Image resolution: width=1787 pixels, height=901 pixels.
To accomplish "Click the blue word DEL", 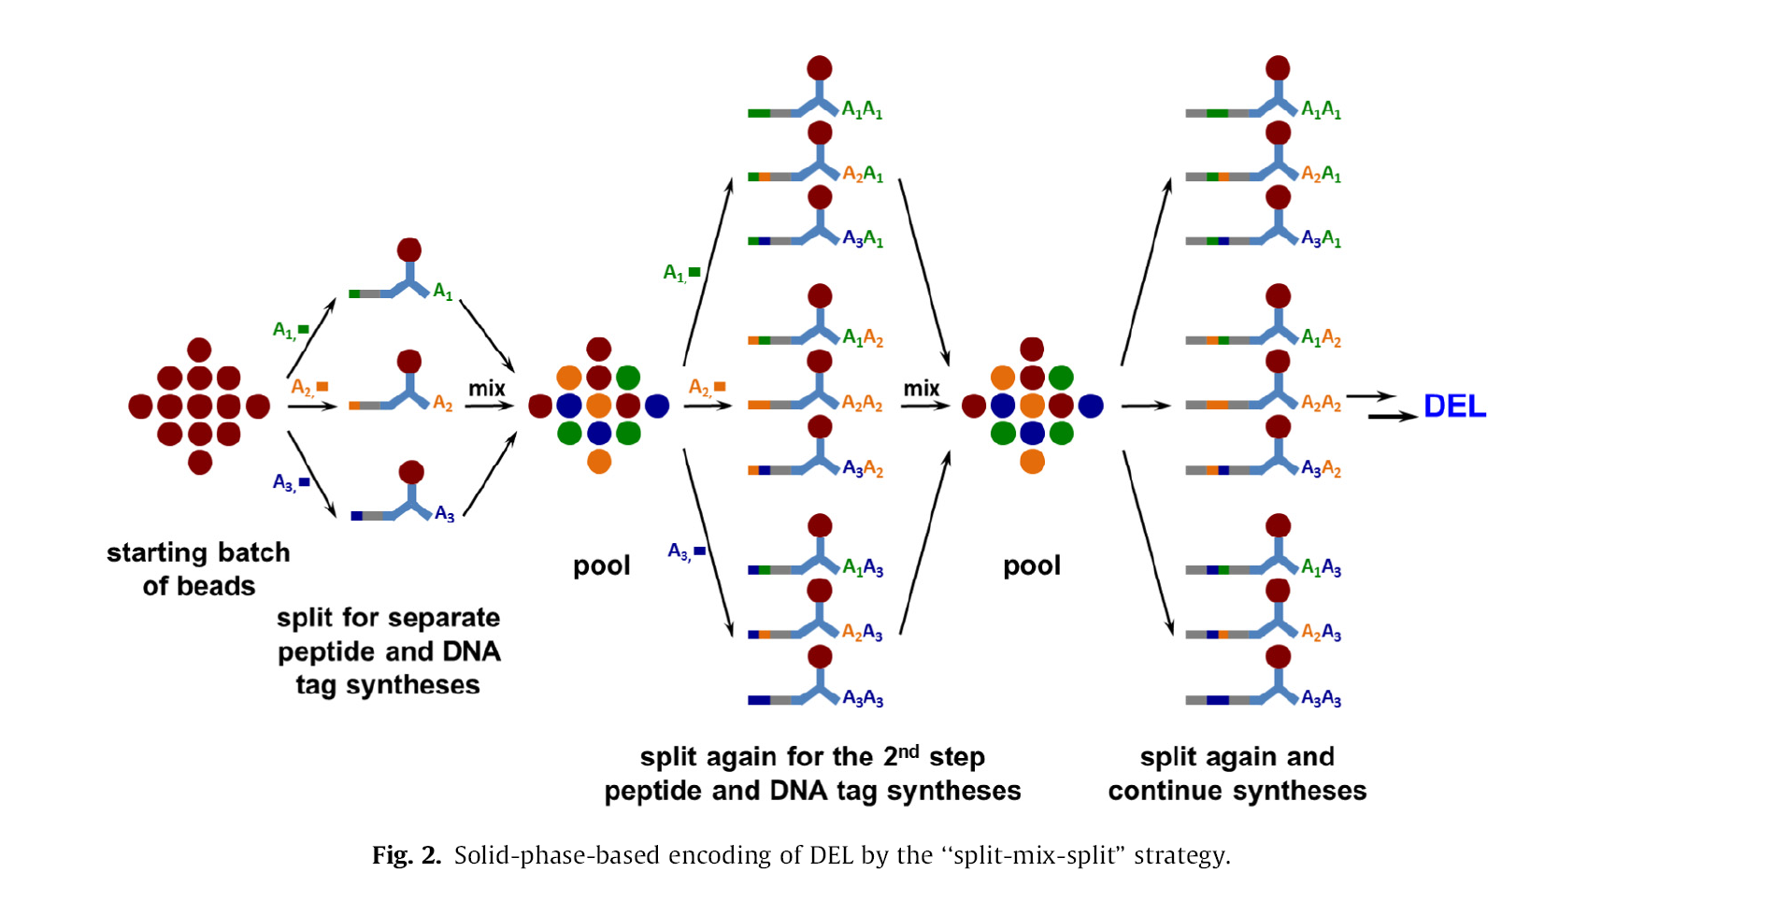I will (1454, 406).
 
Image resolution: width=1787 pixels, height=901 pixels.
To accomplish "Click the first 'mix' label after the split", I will (486, 388).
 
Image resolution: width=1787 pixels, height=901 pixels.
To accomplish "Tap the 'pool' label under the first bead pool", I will (601, 565).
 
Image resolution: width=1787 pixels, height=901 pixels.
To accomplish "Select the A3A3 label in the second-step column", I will (863, 698).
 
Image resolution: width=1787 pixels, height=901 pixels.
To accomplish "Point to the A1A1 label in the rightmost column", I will (1321, 110).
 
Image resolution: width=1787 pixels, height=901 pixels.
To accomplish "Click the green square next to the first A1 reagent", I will (304, 329).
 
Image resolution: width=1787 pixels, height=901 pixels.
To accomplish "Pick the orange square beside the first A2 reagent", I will (322, 386).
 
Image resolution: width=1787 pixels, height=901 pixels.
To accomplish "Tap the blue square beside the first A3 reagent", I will (305, 482).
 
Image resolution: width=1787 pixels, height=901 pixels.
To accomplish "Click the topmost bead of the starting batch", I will (199, 350).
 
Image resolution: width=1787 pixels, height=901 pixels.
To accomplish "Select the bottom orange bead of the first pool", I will (599, 462).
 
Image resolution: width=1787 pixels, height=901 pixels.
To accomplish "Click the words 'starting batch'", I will (198, 552).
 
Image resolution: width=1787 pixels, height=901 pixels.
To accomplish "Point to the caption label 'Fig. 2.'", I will (406, 855).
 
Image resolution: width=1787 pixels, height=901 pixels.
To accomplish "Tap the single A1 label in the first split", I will (443, 293).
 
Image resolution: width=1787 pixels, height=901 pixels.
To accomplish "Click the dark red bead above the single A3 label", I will (411, 472).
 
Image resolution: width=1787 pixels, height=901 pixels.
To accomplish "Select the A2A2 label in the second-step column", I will (862, 403).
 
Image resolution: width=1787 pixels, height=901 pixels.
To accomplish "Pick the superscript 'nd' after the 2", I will (908, 751).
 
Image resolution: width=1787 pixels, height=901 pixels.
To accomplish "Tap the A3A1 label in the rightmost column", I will (1321, 239).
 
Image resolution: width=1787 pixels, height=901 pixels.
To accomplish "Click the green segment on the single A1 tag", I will (354, 293).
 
